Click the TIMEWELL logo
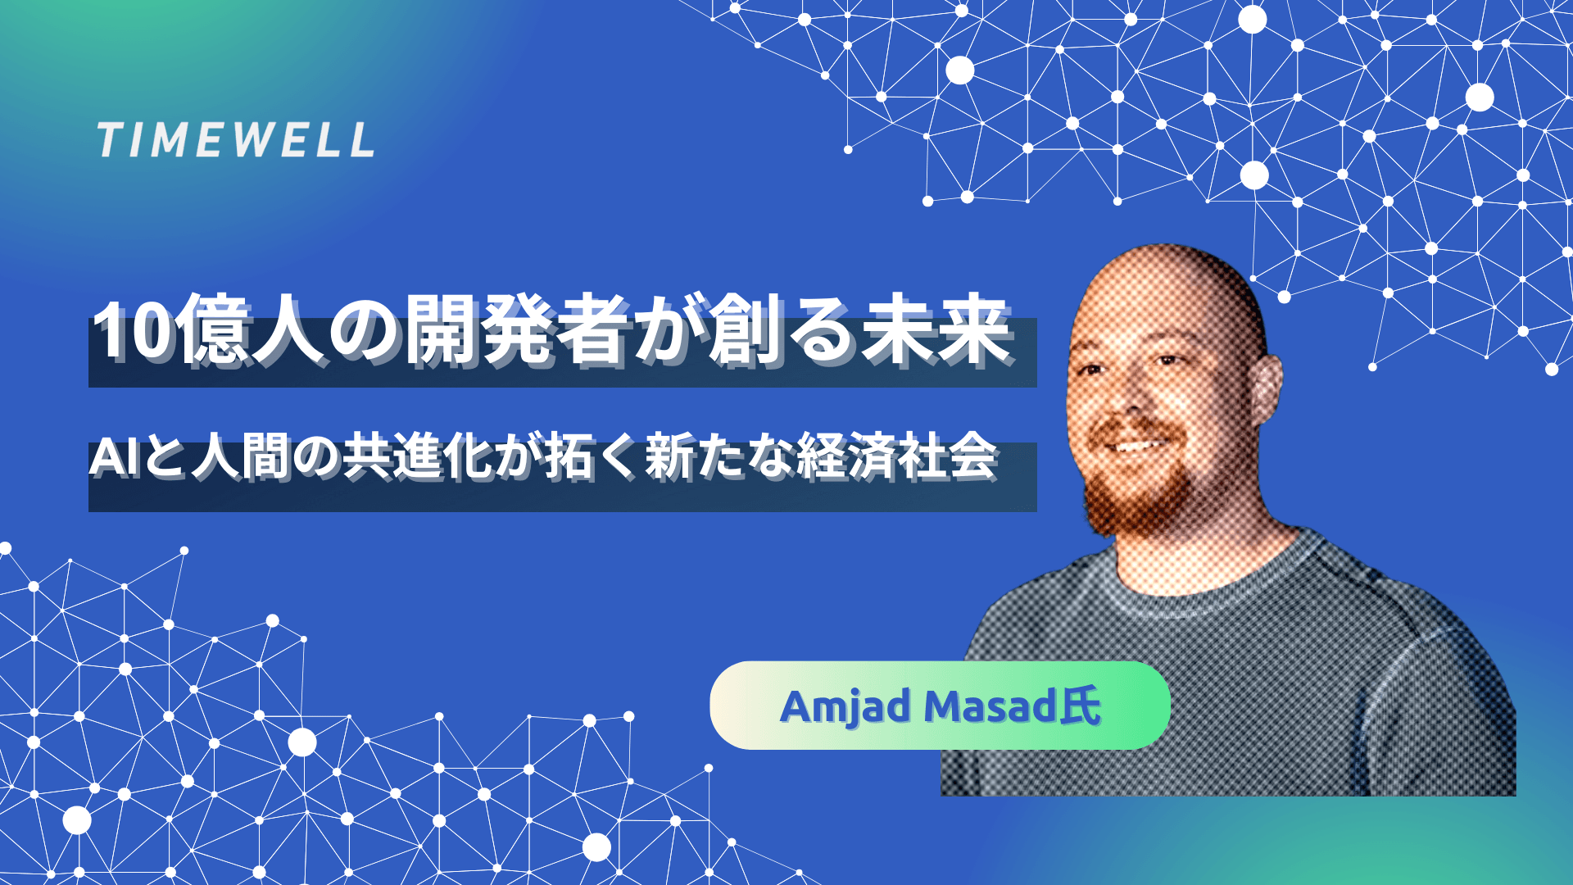pos(236,140)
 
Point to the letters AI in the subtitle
pos(113,458)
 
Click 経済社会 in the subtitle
pos(897,458)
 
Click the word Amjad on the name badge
pos(845,707)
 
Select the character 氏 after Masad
pos(1081,706)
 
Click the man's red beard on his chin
pos(1135,500)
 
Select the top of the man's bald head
pos(1163,262)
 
